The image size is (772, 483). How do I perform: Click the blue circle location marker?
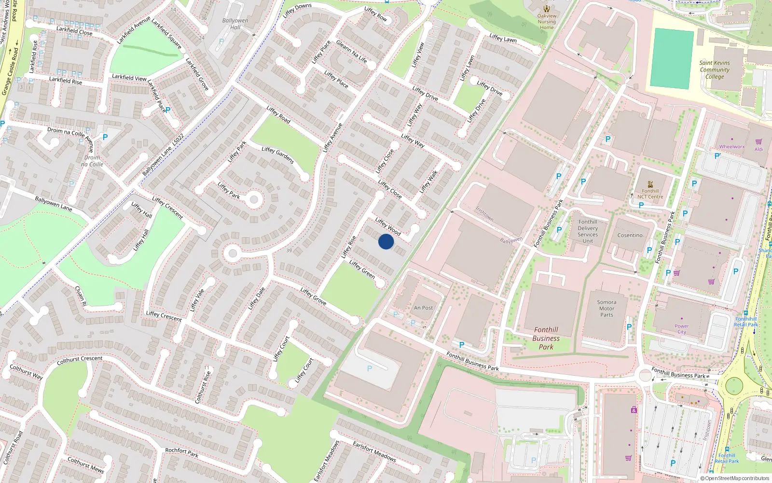386,241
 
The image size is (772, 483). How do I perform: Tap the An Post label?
423,308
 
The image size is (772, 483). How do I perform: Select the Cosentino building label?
630,235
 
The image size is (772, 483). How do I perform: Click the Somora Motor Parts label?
607,308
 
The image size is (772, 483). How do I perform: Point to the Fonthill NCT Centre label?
650,194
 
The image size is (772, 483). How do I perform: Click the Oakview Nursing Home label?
547,21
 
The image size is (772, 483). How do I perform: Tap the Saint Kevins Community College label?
715,70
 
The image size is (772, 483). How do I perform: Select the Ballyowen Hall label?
235,24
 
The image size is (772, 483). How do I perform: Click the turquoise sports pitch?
672,59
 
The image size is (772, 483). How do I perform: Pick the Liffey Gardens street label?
278,155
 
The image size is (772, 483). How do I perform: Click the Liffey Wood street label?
388,227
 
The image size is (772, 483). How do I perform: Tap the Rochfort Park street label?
182,453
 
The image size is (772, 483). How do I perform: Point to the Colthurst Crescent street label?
80,360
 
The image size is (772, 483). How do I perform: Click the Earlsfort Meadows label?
374,451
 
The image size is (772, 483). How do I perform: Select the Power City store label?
681,329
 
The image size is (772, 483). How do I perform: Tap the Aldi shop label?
758,149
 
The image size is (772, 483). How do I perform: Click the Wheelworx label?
732,146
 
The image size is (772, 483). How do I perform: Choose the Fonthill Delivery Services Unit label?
588,231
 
